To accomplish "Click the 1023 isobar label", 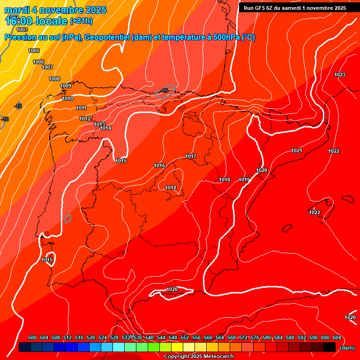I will [x=340, y=75].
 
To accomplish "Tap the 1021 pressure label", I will [x=297, y=150].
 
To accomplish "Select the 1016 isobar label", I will [x=159, y=165].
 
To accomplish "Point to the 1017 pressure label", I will [x=191, y=156].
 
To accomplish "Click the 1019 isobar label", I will [x=244, y=180].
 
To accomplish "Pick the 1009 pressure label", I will [x=66, y=86].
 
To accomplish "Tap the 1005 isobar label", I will [x=34, y=51].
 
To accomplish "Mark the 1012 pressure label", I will [x=85, y=119].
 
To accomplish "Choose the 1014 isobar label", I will [x=105, y=128].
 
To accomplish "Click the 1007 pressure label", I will [x=47, y=67].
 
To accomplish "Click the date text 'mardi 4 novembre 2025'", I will [x=55, y=10].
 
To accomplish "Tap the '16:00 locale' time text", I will [x=36, y=21].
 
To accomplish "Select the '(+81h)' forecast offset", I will [x=81, y=21].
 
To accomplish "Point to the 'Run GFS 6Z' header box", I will [x=294, y=8].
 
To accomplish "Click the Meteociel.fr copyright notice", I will [x=199, y=357].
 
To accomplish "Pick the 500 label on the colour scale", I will [x=32, y=337].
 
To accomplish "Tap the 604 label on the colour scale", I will [x=337, y=337].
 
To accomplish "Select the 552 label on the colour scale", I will [x=185, y=337].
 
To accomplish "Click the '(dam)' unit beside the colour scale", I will [x=347, y=348].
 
